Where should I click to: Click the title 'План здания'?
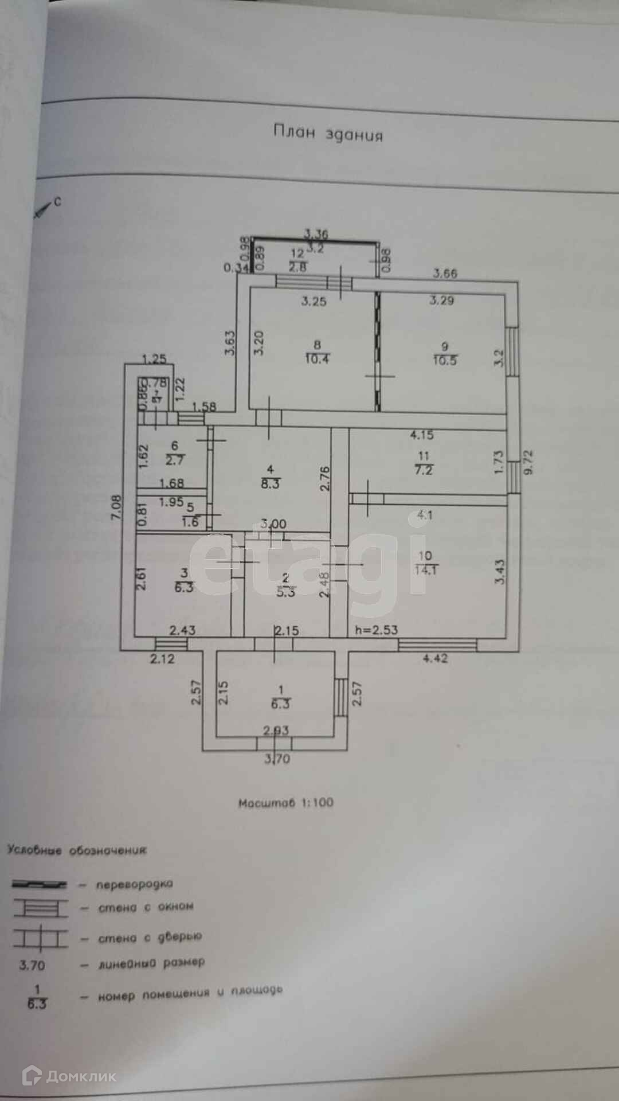click(328, 134)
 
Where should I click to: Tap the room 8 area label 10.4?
click(317, 360)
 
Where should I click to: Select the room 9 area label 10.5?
click(445, 361)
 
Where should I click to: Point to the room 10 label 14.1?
click(425, 570)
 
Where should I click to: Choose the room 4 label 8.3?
click(270, 483)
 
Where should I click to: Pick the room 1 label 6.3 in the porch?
click(280, 704)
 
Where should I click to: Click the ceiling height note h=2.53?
click(376, 630)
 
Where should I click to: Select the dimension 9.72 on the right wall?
click(528, 462)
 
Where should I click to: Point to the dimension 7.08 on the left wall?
click(116, 507)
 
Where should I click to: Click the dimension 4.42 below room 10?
click(435, 658)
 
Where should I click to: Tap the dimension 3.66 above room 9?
click(445, 273)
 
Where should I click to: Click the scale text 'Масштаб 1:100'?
click(285, 803)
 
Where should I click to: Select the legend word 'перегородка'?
click(134, 884)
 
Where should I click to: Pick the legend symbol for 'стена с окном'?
click(40, 908)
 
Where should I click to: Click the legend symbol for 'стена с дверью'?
click(40, 938)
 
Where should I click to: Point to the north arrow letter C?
click(57, 202)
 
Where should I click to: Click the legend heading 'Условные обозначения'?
click(77, 850)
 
